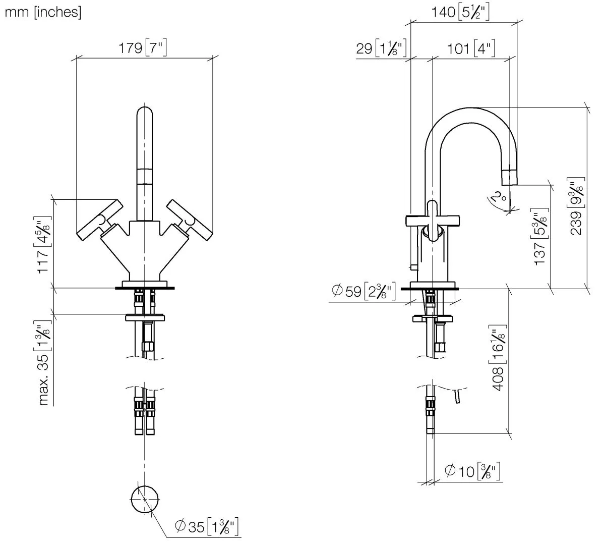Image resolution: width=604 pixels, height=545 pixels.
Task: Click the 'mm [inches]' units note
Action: [43, 12]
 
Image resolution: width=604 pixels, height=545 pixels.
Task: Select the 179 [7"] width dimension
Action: [142, 48]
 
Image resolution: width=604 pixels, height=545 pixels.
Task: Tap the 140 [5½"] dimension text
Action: [460, 12]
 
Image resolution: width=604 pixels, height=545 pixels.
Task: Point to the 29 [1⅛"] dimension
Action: [381, 48]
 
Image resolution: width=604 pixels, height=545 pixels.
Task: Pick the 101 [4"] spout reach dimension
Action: [471, 49]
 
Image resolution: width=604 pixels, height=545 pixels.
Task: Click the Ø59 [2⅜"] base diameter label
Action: [364, 291]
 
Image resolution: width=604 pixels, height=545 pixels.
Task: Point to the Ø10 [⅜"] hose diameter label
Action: [472, 471]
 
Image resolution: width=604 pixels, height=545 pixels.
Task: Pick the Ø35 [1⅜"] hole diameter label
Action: [207, 526]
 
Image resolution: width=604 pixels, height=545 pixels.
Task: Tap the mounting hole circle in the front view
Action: [145, 499]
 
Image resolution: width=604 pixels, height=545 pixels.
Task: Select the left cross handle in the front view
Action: [100, 220]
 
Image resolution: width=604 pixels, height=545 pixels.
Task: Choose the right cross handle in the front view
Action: [190, 220]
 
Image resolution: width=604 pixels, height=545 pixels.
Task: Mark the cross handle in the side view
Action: [433, 221]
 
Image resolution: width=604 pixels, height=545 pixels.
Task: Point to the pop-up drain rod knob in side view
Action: [414, 267]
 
